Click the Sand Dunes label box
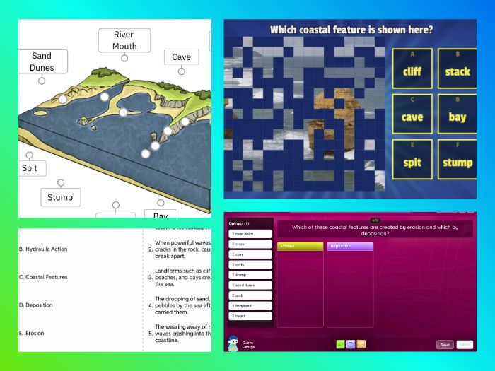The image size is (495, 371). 42,61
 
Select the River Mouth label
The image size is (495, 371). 124,40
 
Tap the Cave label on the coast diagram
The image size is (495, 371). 181,57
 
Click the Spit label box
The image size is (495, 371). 30,168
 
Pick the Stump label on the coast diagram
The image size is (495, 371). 60,197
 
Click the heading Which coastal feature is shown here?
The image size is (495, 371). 351,30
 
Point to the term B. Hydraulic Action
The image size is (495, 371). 44,249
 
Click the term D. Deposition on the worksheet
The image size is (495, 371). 38,305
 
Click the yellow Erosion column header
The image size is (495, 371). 300,246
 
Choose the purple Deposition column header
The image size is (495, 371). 349,246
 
